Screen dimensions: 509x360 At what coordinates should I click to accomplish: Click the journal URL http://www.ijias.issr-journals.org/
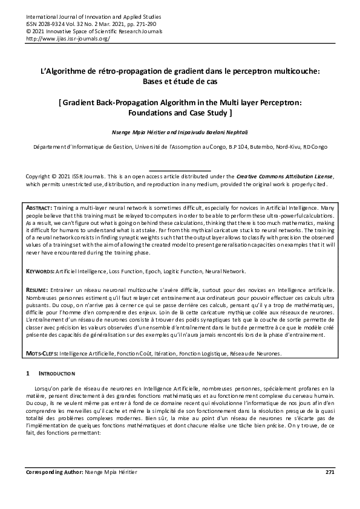point(67,37)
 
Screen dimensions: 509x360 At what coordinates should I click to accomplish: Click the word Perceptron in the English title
point(270,103)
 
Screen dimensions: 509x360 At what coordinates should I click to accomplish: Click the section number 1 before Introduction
point(28,374)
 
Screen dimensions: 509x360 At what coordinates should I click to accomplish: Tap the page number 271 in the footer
point(329,472)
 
